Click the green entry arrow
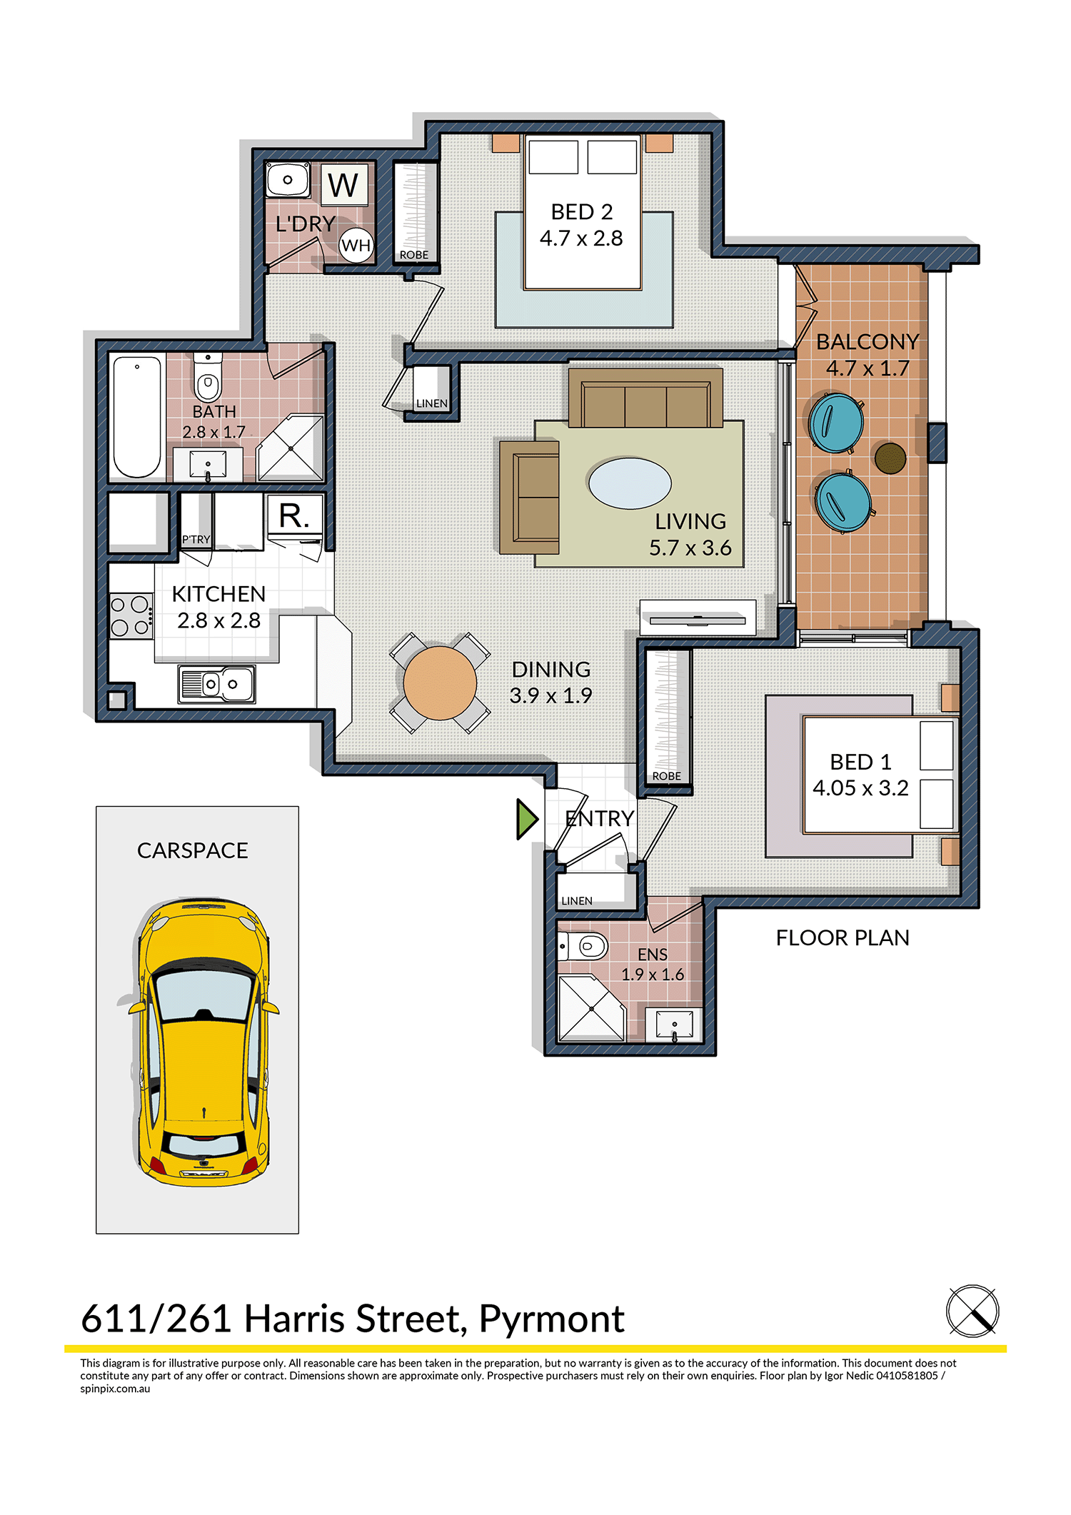527,819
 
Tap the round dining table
440,683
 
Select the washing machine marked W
344,185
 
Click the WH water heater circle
356,246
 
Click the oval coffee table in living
630,483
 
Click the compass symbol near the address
972,1311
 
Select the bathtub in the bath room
137,416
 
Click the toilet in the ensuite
583,947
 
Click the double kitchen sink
216,685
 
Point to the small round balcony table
890,458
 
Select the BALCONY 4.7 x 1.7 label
868,355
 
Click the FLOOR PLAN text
843,937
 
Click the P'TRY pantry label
196,540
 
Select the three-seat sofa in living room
646,398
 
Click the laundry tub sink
288,179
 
